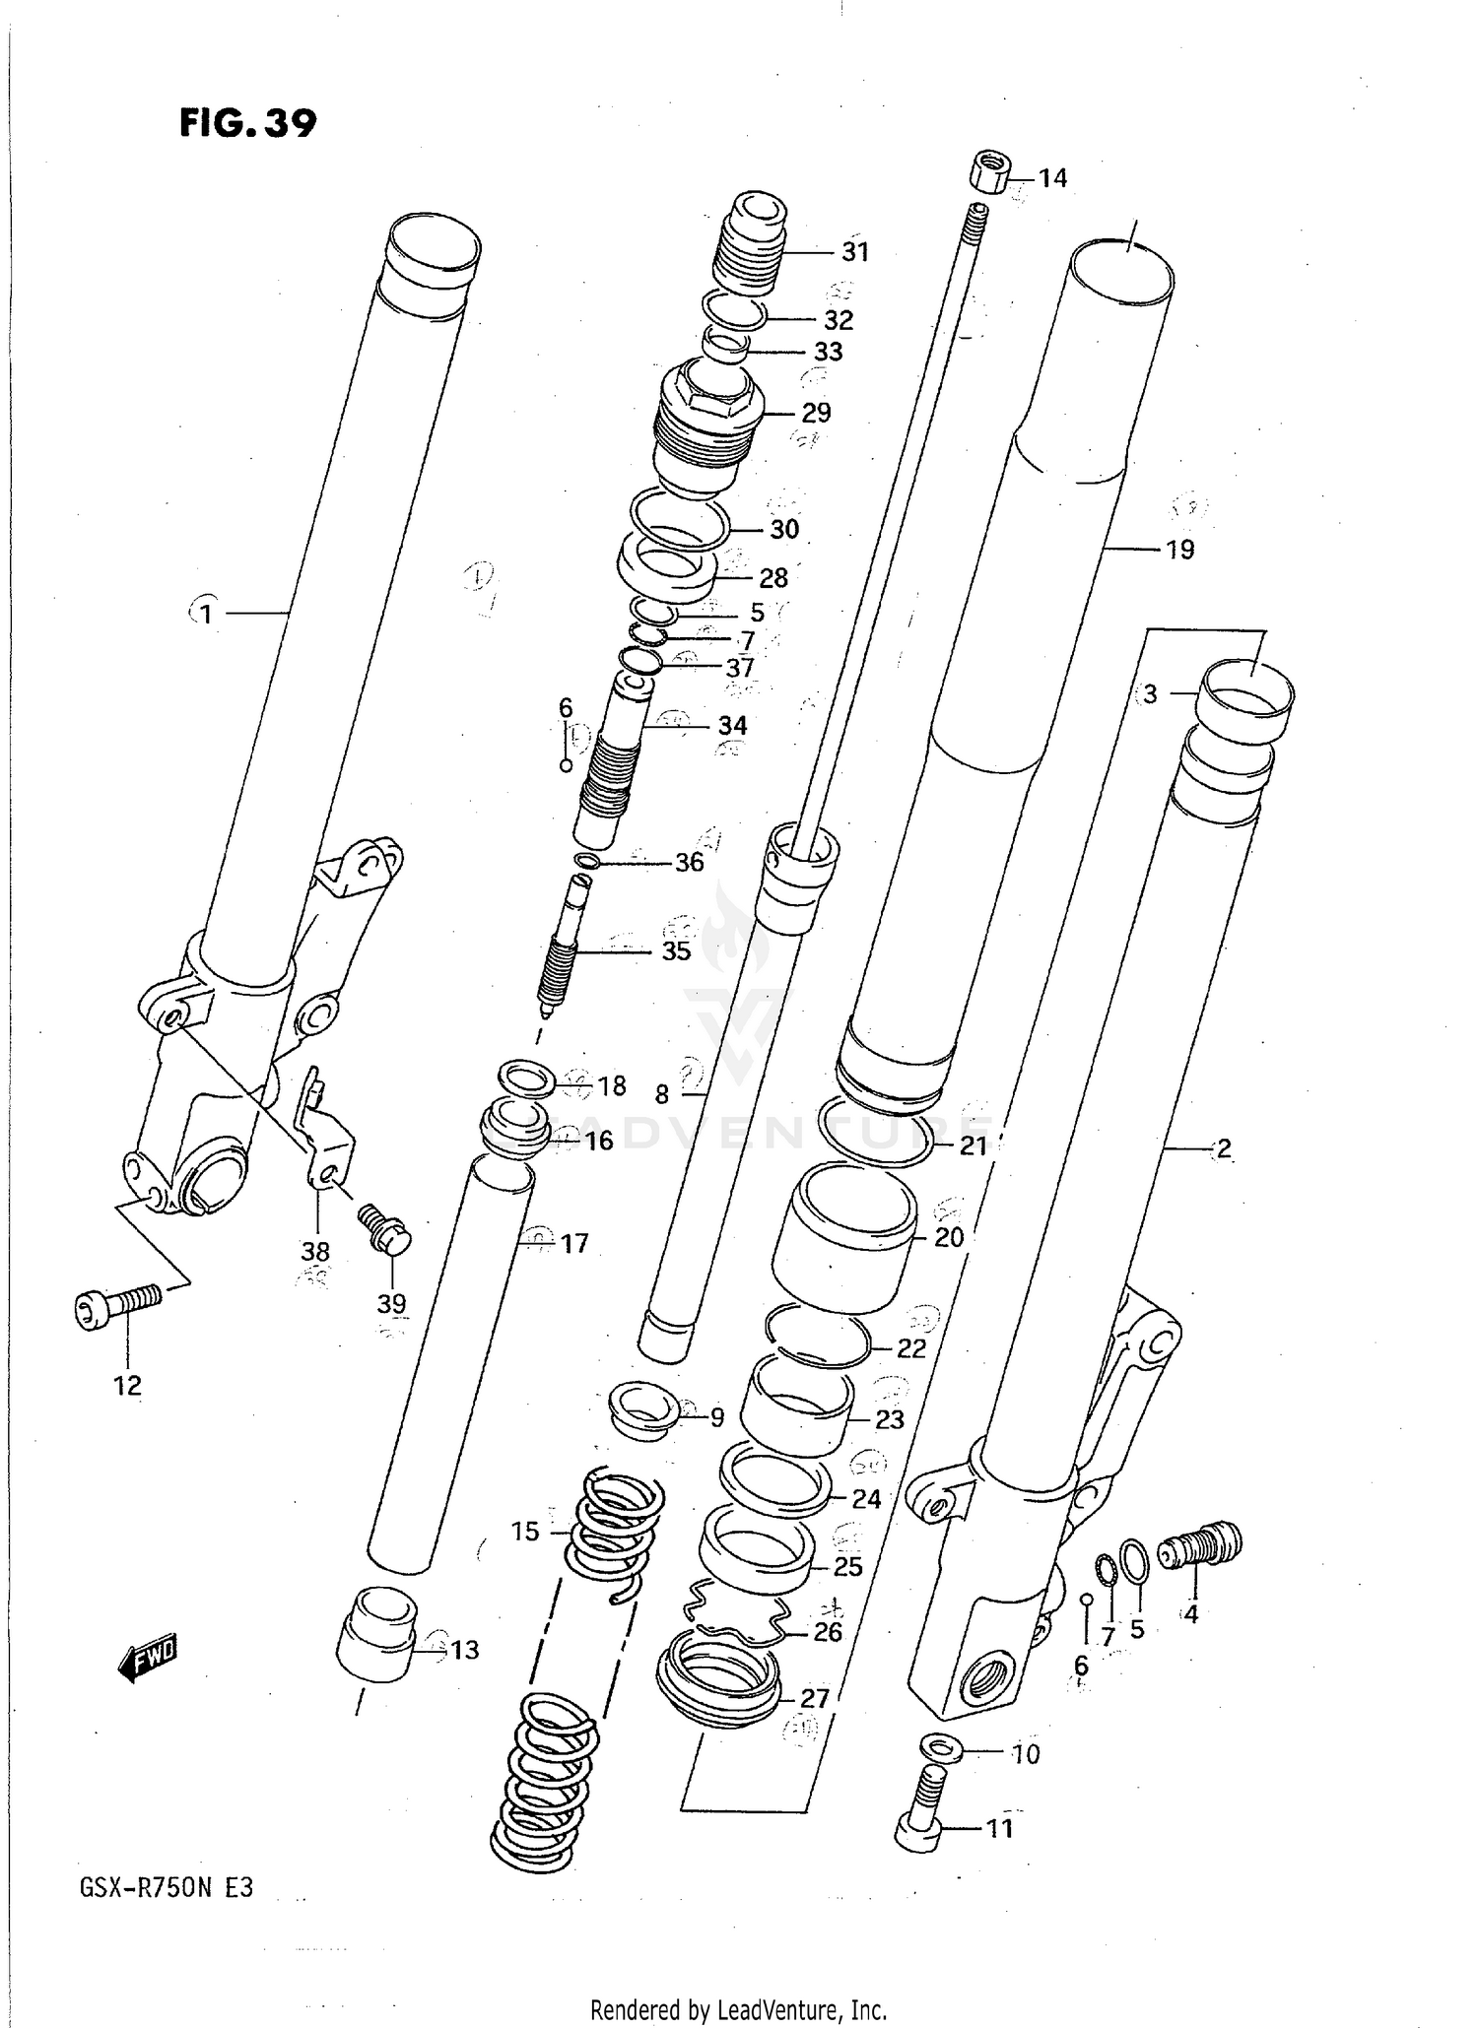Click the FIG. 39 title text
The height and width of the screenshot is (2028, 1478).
pyautogui.click(x=247, y=123)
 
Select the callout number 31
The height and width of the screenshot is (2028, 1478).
pyautogui.click(x=854, y=252)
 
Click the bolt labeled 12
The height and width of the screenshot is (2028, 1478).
pyautogui.click(x=116, y=1306)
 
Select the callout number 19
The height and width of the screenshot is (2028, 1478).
pyautogui.click(x=1179, y=550)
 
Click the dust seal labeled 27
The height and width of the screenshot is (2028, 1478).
pyautogui.click(x=717, y=1677)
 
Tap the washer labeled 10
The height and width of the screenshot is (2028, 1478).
pyautogui.click(x=941, y=1746)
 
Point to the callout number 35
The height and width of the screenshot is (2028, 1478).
pyautogui.click(x=676, y=951)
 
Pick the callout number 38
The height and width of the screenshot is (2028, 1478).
pyautogui.click(x=314, y=1251)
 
